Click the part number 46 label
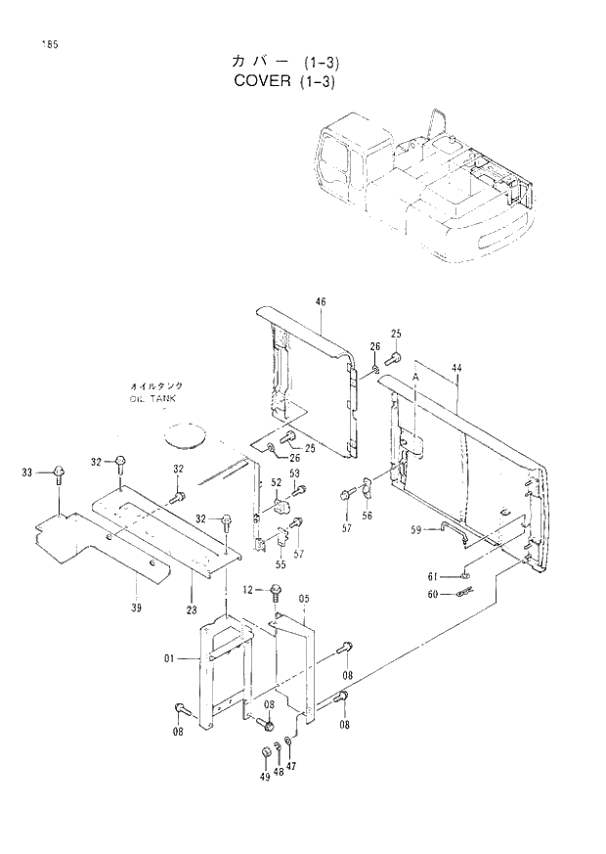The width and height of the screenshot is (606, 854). [x=320, y=301]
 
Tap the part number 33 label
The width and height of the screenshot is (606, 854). [x=27, y=472]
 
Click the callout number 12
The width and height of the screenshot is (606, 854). [x=247, y=589]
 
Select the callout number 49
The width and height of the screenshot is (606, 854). [x=264, y=776]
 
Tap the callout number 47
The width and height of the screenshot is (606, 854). [x=291, y=766]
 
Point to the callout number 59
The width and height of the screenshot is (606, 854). [x=415, y=529]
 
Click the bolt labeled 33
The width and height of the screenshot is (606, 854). [x=59, y=474]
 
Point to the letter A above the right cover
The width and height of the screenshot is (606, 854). [x=415, y=377]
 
